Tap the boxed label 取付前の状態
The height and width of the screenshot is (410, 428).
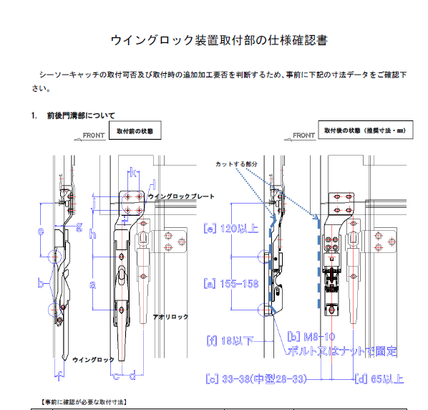[135, 132]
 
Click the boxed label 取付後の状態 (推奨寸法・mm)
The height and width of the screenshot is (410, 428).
[354, 132]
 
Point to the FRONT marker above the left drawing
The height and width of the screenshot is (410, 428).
[93, 135]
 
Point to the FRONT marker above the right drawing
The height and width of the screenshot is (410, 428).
[303, 135]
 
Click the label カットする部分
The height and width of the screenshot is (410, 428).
[235, 164]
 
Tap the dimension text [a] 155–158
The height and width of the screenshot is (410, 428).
[231, 283]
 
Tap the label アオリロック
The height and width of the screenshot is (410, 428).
[170, 316]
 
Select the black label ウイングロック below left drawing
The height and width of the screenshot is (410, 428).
[93, 359]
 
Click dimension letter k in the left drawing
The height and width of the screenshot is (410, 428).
[133, 173]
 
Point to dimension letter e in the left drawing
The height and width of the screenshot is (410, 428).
[40, 231]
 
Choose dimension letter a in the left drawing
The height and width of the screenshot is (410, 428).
[93, 285]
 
